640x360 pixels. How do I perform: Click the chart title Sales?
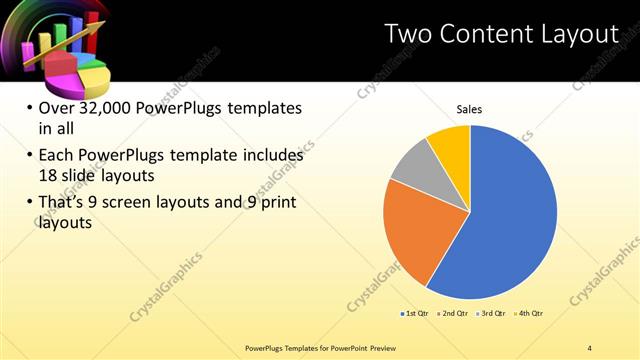[x=470, y=109]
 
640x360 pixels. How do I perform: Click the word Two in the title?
[x=411, y=34]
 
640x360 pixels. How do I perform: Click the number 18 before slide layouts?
[x=49, y=174]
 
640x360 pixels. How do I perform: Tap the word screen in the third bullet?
[x=146, y=202]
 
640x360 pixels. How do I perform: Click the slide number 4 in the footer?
[x=590, y=348]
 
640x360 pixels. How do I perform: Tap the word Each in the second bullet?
[x=57, y=156]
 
